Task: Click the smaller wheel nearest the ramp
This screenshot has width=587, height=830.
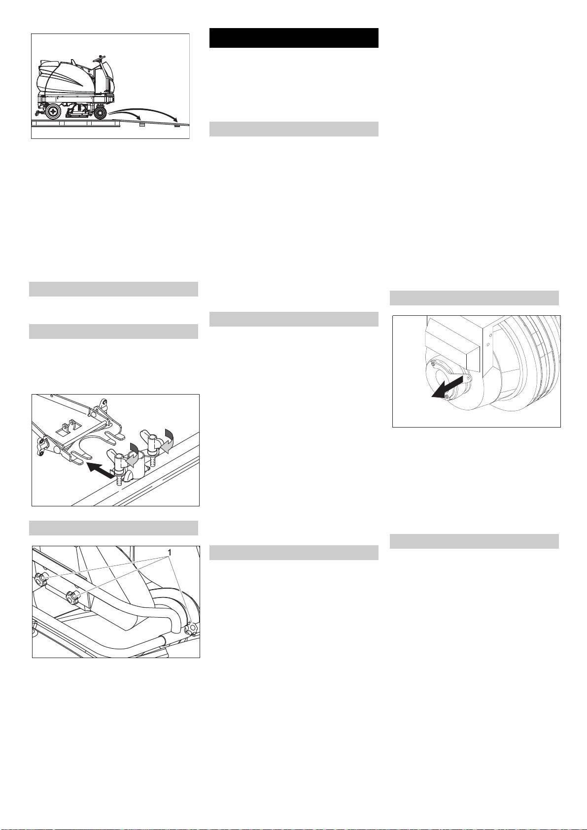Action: pos(100,113)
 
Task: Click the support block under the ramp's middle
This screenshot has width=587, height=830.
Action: pos(141,126)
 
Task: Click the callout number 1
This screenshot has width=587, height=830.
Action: pos(170,553)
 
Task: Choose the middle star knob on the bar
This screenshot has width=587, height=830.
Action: pos(72,597)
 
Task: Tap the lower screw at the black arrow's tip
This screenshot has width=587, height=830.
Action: pos(447,397)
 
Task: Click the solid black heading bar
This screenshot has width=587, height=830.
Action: pos(294,38)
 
